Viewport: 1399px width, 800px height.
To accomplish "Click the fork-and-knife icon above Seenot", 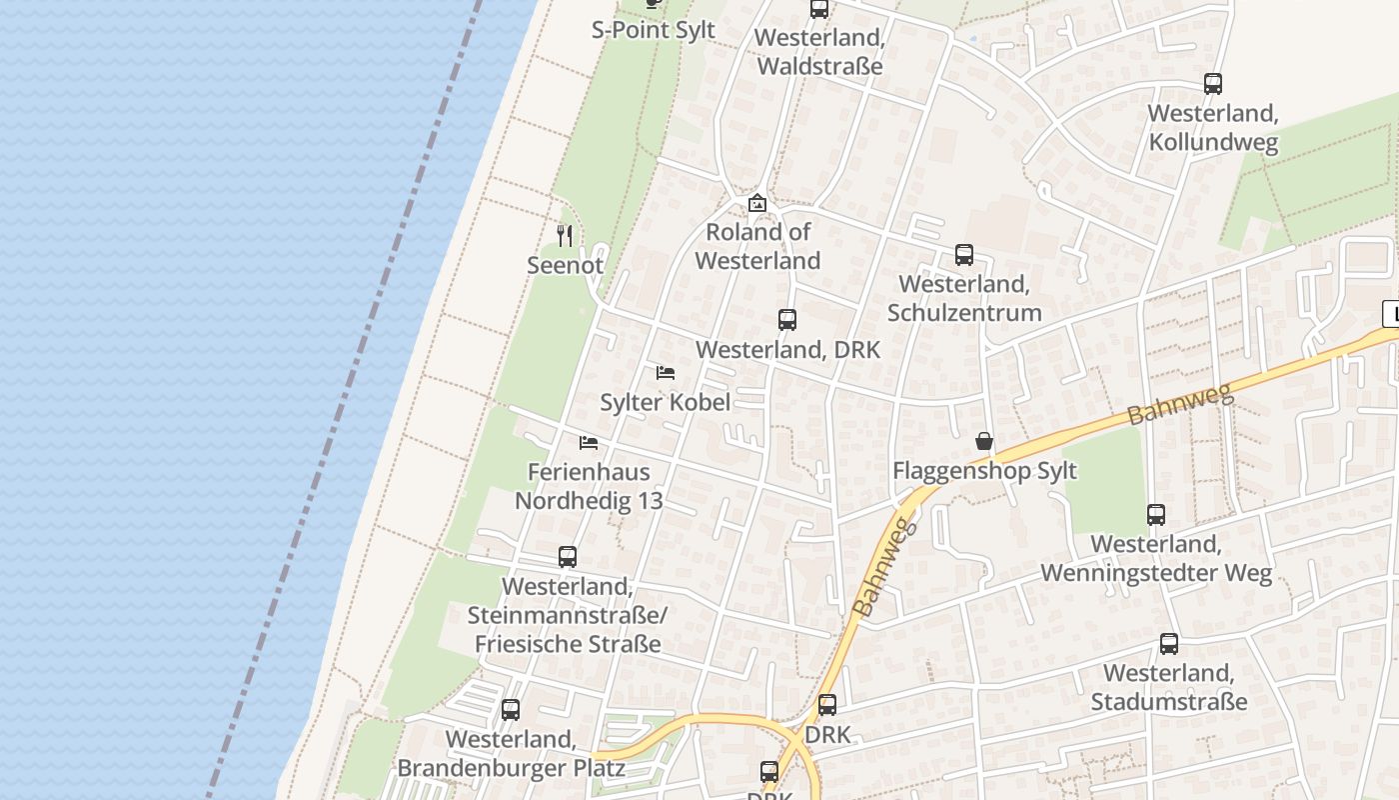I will [x=565, y=236].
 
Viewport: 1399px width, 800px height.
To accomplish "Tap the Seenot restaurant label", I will [x=566, y=265].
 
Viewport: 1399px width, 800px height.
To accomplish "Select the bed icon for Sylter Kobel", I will [x=666, y=373].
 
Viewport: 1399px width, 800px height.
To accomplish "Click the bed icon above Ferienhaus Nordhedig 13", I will [x=589, y=442].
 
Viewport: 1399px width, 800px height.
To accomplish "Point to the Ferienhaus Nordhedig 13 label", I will [x=589, y=486].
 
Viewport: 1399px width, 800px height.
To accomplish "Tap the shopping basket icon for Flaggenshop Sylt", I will [x=984, y=441].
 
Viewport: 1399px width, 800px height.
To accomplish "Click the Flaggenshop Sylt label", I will [x=984, y=471].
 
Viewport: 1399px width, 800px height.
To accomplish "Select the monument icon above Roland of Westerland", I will [x=757, y=203].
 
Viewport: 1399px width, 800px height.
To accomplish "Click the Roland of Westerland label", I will [x=757, y=246].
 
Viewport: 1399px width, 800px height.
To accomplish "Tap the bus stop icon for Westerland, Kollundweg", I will [x=1213, y=84].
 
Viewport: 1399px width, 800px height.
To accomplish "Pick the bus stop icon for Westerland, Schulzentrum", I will [x=964, y=255].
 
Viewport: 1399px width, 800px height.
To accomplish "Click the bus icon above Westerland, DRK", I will [x=787, y=320].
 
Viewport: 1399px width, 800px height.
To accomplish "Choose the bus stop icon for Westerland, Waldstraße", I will [x=819, y=9].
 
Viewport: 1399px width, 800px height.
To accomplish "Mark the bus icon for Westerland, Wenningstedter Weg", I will [x=1156, y=515].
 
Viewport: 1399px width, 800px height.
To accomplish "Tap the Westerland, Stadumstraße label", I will [x=1168, y=687].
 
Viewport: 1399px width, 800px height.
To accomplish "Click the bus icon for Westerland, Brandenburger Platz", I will [x=511, y=710].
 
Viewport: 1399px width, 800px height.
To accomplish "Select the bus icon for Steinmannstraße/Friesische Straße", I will [x=568, y=557].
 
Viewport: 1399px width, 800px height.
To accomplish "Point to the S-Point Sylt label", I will [x=654, y=30].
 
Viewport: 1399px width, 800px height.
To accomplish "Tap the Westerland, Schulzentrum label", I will [x=964, y=298].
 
